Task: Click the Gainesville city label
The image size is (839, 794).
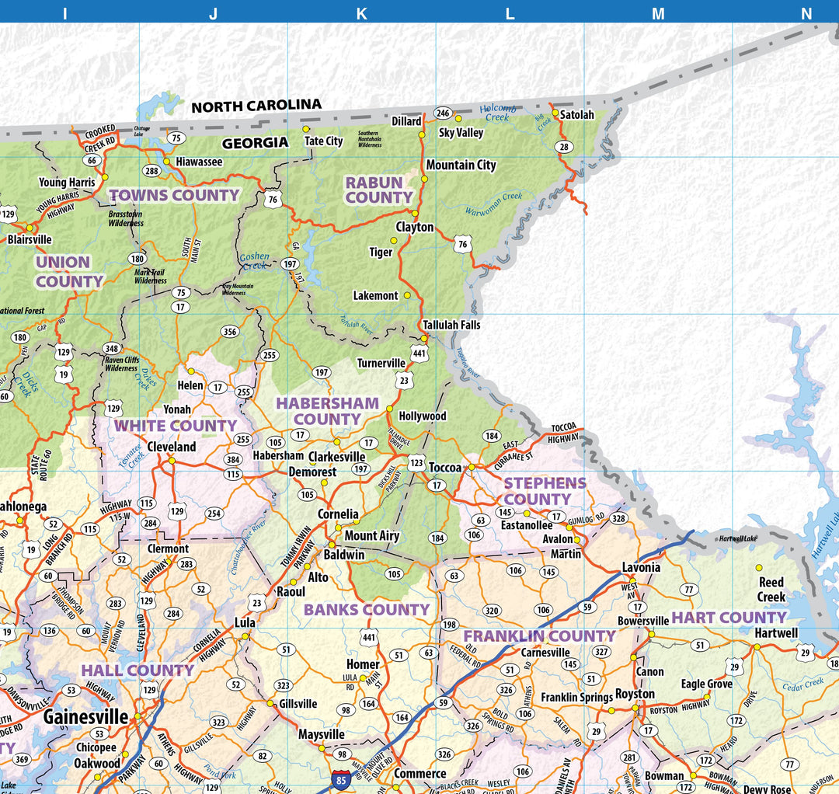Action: coord(86,716)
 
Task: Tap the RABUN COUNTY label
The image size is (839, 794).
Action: coord(378,190)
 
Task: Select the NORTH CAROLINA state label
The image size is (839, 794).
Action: coord(256,106)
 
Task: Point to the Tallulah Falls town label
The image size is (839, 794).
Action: coord(451,325)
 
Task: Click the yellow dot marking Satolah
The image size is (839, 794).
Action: coord(555,113)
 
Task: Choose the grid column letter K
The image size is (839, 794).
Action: coord(361,13)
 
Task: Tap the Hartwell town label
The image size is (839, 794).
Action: coord(775,633)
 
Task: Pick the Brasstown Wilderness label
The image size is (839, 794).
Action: coord(126,218)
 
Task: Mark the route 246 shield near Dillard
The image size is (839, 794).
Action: coord(443,113)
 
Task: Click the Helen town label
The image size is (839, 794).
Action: coord(190,385)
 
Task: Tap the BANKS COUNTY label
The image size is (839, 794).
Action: coord(366,610)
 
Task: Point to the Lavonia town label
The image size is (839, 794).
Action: coord(641,567)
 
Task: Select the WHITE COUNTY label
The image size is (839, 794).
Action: coord(175,426)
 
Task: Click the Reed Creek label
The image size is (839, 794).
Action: coord(771,590)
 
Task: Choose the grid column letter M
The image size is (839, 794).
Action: coord(658,13)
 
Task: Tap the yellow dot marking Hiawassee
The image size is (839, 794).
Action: coord(166,162)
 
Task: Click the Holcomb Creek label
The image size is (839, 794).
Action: coord(497,113)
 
